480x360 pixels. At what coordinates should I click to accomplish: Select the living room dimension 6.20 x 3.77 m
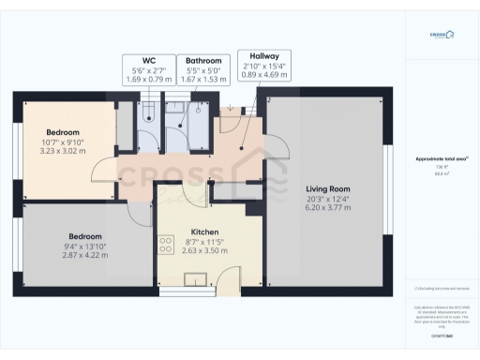(x=327, y=208)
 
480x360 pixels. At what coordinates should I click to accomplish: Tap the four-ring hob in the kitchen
(x=166, y=246)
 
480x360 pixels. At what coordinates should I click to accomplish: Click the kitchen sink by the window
(x=197, y=278)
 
